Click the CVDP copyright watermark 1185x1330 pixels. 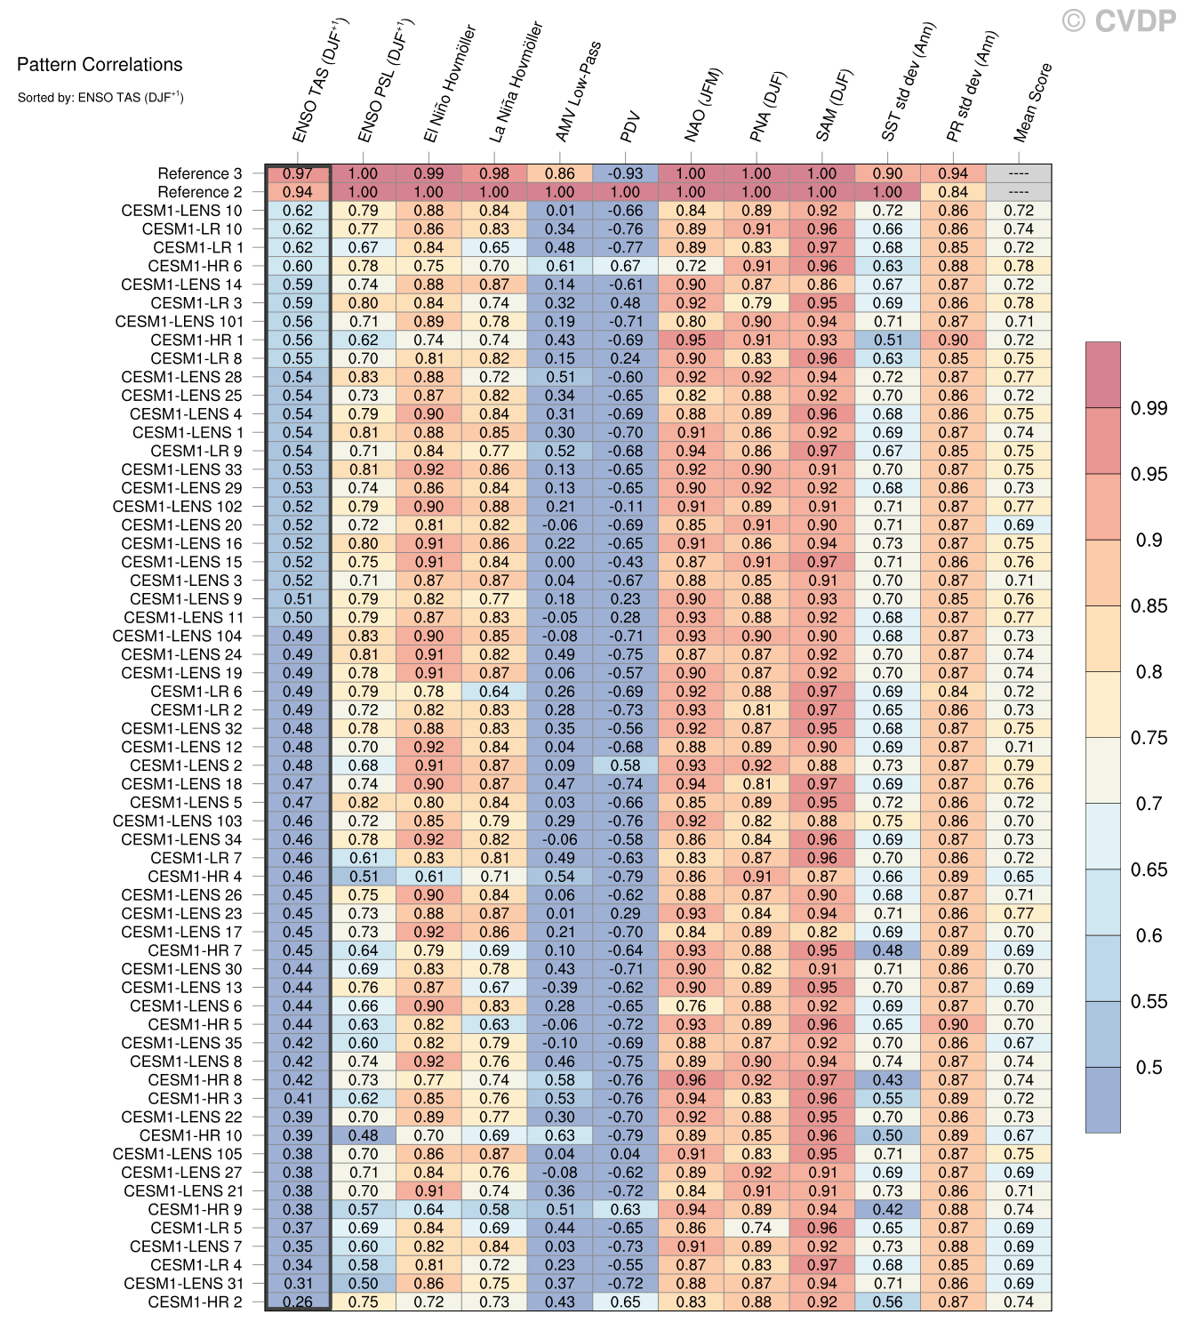pyautogui.click(x=1119, y=20)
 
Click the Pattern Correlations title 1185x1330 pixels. pyautogui.click(x=100, y=65)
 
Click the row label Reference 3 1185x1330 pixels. pyautogui.click(x=199, y=173)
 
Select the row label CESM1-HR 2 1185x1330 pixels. pyautogui.click(x=195, y=1302)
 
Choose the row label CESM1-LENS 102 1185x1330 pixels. pyautogui.click(x=177, y=506)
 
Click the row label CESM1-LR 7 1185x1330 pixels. pyautogui.click(x=196, y=858)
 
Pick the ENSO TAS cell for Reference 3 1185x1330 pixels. pyautogui.click(x=298, y=173)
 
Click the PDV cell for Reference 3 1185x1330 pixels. pyautogui.click(x=625, y=173)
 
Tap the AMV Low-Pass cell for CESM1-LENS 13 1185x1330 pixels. pyautogui.click(x=559, y=987)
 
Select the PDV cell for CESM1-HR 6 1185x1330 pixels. pyautogui.click(x=625, y=266)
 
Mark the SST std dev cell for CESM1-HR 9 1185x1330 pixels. pyautogui.click(x=887, y=1209)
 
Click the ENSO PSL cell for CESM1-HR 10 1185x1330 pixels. pyautogui.click(x=363, y=1135)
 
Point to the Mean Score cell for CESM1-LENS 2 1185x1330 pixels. pyautogui.click(x=1019, y=765)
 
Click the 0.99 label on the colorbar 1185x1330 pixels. pyautogui.click(x=1149, y=408)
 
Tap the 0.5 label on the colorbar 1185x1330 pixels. pyautogui.click(x=1149, y=1067)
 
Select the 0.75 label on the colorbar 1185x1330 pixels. pyautogui.click(x=1149, y=737)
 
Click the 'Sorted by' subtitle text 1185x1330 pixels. pyautogui.click(x=100, y=97)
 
